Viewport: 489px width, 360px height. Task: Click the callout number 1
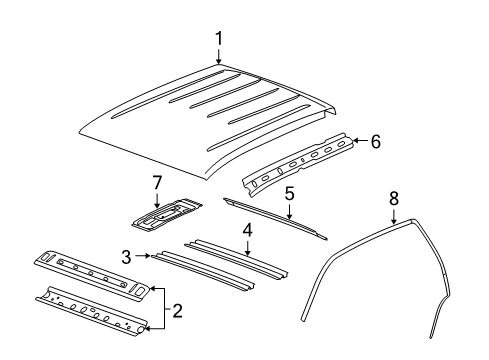pos(219,39)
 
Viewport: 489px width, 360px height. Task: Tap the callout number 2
pos(177,311)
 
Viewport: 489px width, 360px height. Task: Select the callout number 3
pos(126,257)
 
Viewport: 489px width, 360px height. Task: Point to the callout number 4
pos(247,230)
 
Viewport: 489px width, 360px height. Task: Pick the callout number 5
pos(289,194)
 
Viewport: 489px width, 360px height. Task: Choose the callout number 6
pos(375,141)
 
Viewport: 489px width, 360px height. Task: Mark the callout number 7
pos(157,183)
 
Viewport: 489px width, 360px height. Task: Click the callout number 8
pos(394,199)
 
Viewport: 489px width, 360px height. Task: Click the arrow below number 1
pos(219,56)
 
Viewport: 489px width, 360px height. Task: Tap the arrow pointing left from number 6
pos(360,141)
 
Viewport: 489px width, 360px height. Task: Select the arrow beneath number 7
pos(157,201)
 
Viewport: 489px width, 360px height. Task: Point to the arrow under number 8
pos(394,216)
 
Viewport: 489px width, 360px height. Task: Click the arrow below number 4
pos(247,248)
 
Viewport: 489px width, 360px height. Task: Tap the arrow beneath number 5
pos(289,211)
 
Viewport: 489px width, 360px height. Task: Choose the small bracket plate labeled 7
pos(167,216)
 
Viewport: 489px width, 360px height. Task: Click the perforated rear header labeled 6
pos(298,163)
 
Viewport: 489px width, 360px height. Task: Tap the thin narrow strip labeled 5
pos(275,218)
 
